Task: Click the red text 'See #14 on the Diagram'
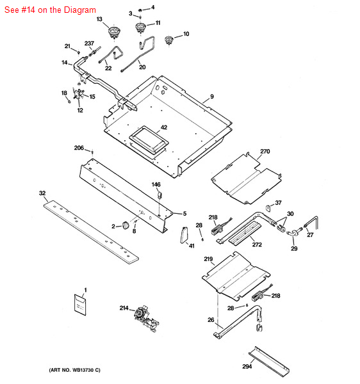(x=50, y=10)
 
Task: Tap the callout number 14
(x=65, y=63)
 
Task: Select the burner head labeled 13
(x=114, y=32)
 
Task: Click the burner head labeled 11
(x=140, y=28)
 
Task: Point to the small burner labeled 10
(x=168, y=40)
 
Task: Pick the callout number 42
(x=164, y=127)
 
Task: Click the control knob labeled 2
(x=126, y=225)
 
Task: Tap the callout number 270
(x=265, y=151)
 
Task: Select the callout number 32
(x=42, y=193)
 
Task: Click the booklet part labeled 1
(x=80, y=305)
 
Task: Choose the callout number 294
(x=247, y=366)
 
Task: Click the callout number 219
(x=208, y=259)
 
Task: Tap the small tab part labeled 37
(x=268, y=208)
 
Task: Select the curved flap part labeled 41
(x=184, y=235)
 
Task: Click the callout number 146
(x=156, y=184)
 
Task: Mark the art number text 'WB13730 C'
(x=86, y=370)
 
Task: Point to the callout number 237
(x=89, y=44)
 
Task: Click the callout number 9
(x=212, y=97)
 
